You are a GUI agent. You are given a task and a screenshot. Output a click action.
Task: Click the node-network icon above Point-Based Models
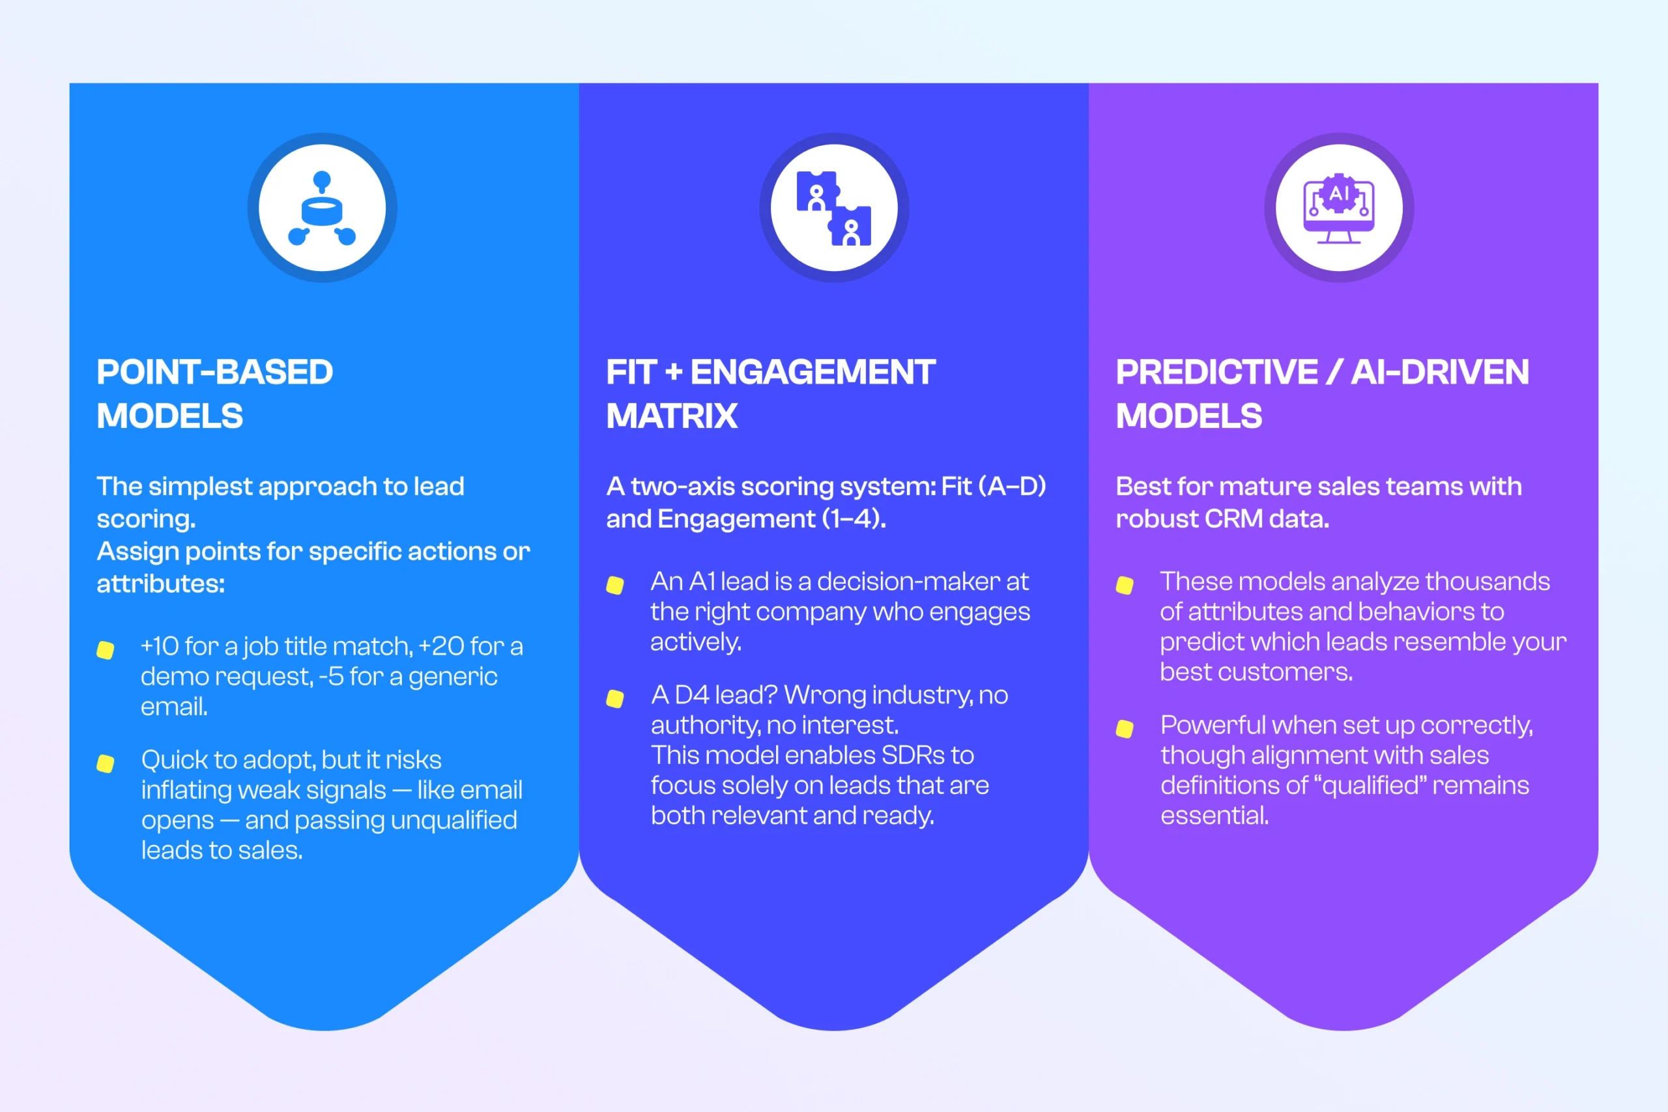click(322, 208)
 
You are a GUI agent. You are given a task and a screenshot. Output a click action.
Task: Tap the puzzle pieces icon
click(833, 208)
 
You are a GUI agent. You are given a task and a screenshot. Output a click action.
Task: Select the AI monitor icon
click(1338, 208)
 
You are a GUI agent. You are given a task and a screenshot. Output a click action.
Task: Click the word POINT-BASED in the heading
click(214, 373)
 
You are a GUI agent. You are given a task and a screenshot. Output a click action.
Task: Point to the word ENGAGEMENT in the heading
click(812, 373)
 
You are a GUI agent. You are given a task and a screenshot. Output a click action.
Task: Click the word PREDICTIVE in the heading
click(1216, 373)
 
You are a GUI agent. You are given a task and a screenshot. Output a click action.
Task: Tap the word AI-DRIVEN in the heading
click(1440, 373)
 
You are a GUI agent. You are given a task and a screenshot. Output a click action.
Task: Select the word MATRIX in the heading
click(672, 416)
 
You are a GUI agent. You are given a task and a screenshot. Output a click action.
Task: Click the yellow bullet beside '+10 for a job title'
click(106, 650)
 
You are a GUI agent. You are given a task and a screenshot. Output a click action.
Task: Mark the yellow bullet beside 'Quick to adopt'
click(106, 763)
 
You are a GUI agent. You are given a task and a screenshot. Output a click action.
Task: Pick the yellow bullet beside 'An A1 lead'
click(615, 585)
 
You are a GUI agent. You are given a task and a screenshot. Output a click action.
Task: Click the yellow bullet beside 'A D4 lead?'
click(615, 698)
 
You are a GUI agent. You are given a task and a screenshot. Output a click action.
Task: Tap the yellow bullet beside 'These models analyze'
click(1125, 585)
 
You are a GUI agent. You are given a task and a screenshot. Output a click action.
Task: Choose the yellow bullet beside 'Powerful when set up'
click(1125, 729)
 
